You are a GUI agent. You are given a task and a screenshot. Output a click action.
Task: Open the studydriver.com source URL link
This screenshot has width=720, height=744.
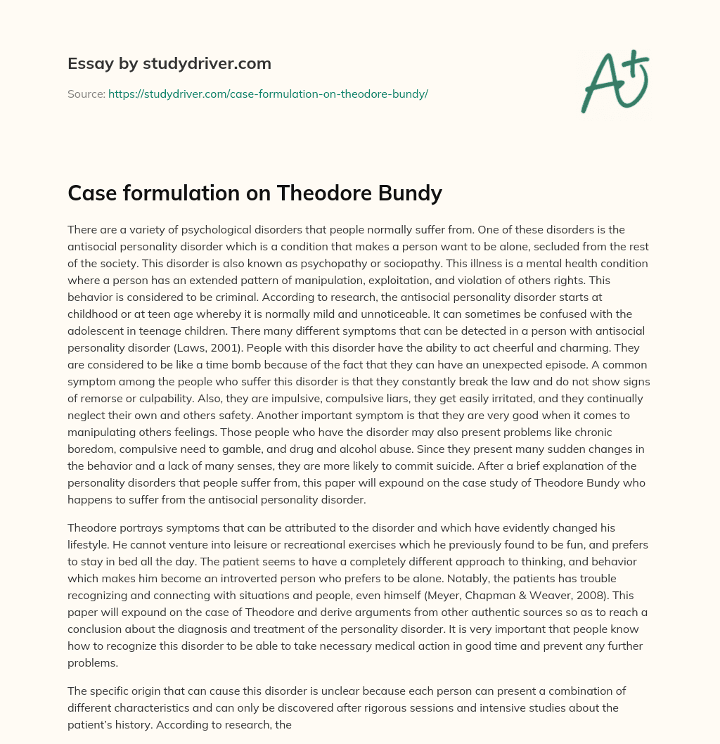click(x=268, y=94)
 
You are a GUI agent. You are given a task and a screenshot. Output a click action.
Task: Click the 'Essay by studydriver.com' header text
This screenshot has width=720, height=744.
click(x=169, y=63)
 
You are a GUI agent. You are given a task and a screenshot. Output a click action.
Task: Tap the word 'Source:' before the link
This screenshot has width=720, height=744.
click(x=86, y=94)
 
